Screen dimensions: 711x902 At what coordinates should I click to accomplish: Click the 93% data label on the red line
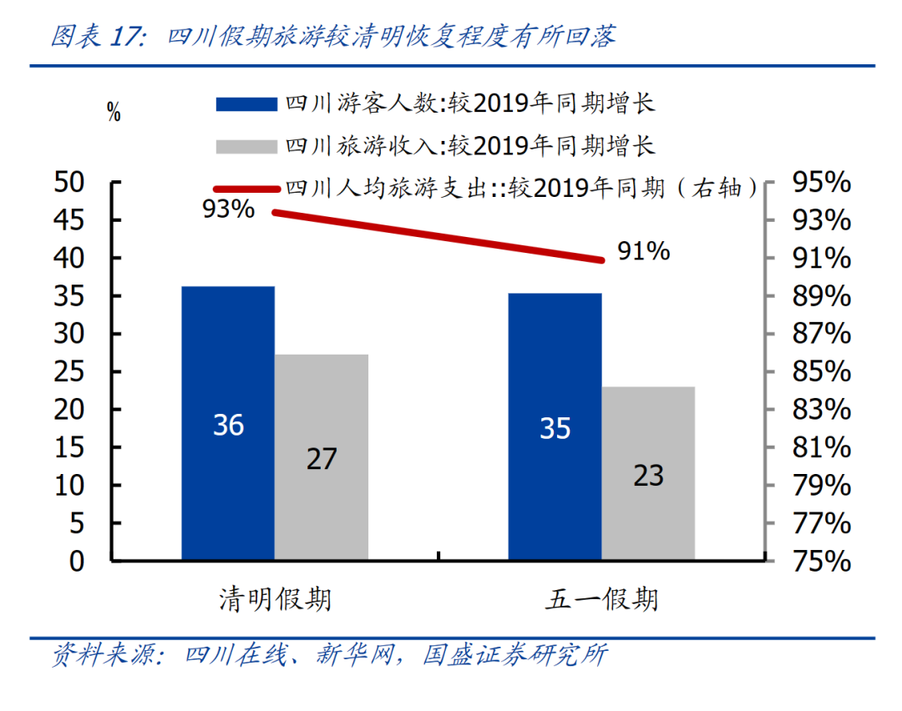pyautogui.click(x=228, y=209)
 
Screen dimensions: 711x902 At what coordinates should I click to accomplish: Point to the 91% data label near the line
pyautogui.click(x=643, y=250)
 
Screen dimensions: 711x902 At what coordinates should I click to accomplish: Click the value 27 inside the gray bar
pyautogui.click(x=322, y=458)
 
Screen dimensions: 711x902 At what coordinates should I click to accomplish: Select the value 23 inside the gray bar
pyautogui.click(x=648, y=475)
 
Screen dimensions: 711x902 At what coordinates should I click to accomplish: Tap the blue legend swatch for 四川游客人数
pyautogui.click(x=246, y=103)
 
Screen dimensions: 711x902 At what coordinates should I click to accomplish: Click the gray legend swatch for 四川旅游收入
pyautogui.click(x=246, y=147)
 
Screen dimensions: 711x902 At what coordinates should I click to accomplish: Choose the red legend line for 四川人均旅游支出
pyautogui.click(x=246, y=189)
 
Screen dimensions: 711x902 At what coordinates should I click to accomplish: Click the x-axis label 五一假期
pyautogui.click(x=602, y=599)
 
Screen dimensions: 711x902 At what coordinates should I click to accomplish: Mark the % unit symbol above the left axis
pyautogui.click(x=114, y=113)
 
